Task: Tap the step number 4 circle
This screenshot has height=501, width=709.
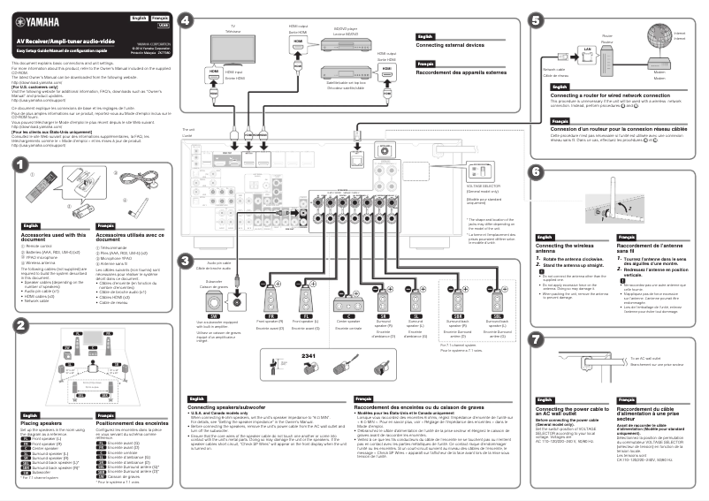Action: [x=186, y=19]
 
